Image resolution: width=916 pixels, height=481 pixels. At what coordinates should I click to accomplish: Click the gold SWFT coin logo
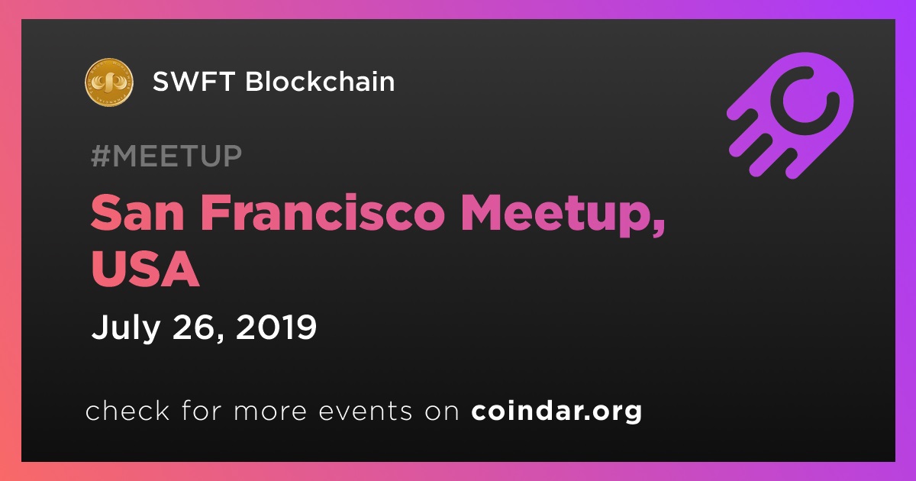coord(108,82)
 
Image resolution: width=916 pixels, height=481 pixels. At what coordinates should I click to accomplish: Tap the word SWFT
coord(193,81)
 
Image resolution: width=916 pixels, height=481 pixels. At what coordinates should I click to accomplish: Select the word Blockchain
coord(320,81)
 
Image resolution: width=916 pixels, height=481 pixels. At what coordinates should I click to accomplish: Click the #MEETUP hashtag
coord(166,156)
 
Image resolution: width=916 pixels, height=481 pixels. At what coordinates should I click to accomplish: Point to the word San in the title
coord(137,213)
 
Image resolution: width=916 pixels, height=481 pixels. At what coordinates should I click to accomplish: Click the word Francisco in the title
coord(322,212)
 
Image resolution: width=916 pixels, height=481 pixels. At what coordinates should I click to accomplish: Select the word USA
coord(145,269)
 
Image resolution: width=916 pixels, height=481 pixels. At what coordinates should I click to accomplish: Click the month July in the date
coord(125,328)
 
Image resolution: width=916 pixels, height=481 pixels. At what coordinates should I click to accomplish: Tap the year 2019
coord(276,328)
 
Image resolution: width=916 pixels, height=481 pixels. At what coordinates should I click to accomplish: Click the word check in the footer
coord(127,410)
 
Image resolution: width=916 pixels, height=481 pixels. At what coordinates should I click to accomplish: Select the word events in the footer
coord(365,411)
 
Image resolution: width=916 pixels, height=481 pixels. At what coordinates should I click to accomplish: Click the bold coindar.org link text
coord(556,412)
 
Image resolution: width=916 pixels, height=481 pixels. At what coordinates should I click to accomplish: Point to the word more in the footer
coord(270,412)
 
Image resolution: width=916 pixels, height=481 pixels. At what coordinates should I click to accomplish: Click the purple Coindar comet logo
coord(791,116)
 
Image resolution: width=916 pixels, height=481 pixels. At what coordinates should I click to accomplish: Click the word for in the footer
coord(202,410)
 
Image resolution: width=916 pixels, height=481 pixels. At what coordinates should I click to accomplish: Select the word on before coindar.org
coord(442,412)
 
